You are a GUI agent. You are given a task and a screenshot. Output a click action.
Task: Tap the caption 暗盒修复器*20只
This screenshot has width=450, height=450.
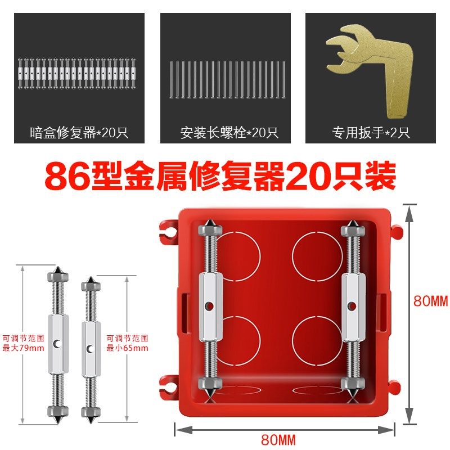(79, 133)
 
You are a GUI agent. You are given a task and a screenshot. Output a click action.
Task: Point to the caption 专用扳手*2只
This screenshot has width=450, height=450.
(370, 133)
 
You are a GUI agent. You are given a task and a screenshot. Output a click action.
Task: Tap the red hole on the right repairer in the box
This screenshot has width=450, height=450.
(352, 307)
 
